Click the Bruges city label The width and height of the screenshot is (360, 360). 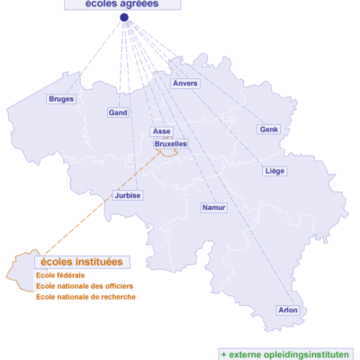(62, 99)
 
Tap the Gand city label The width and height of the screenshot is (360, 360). (118, 112)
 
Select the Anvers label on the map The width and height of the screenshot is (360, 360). (185, 84)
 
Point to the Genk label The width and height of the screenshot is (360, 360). (269, 130)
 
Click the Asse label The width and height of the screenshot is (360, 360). (162, 131)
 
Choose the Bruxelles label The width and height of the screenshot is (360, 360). (171, 143)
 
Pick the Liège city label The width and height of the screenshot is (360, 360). (275, 170)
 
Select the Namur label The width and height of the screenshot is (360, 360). (214, 207)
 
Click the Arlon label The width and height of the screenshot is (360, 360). (288, 310)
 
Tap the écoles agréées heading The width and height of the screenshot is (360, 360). (122, 4)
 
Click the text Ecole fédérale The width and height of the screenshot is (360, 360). (60, 274)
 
